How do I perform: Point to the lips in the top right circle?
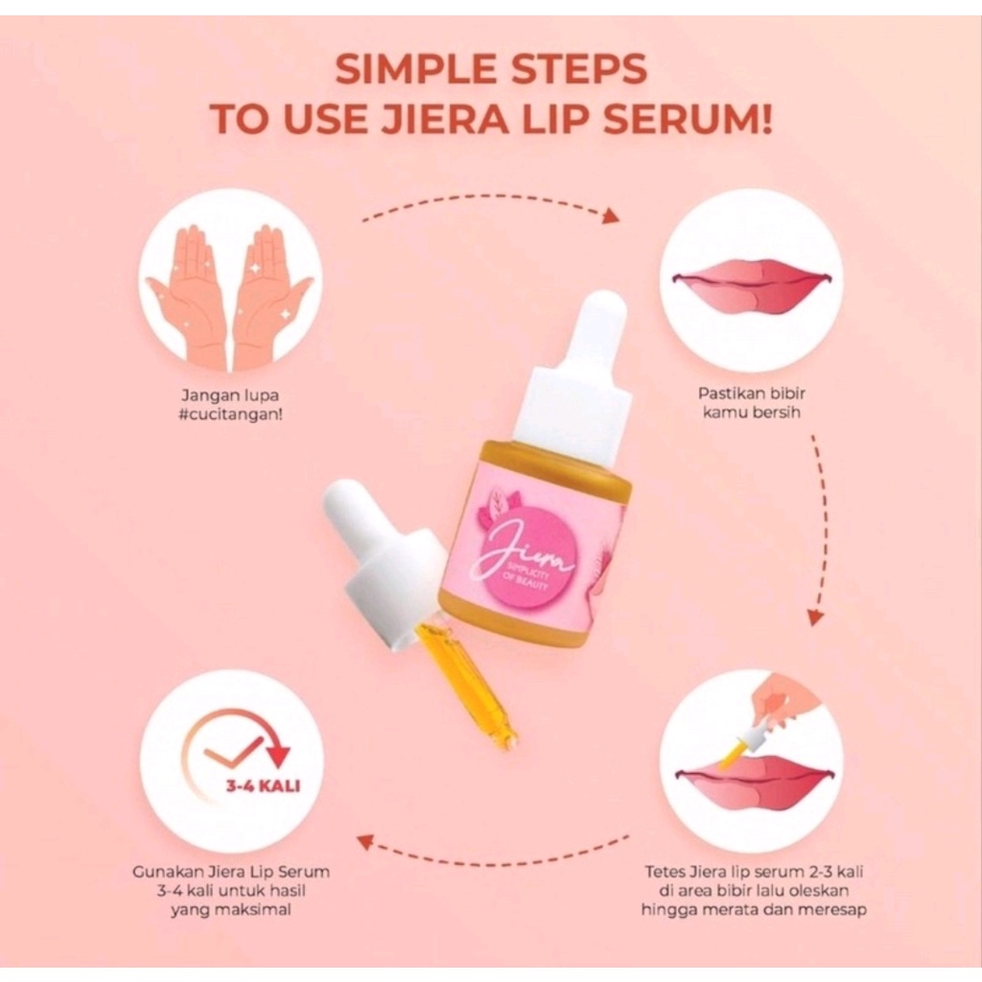tap(751, 285)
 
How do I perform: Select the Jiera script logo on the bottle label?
tap(523, 559)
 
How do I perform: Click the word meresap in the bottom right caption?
tap(837, 909)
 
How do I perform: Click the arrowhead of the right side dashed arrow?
tap(814, 619)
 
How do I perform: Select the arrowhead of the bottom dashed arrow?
tap(364, 842)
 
